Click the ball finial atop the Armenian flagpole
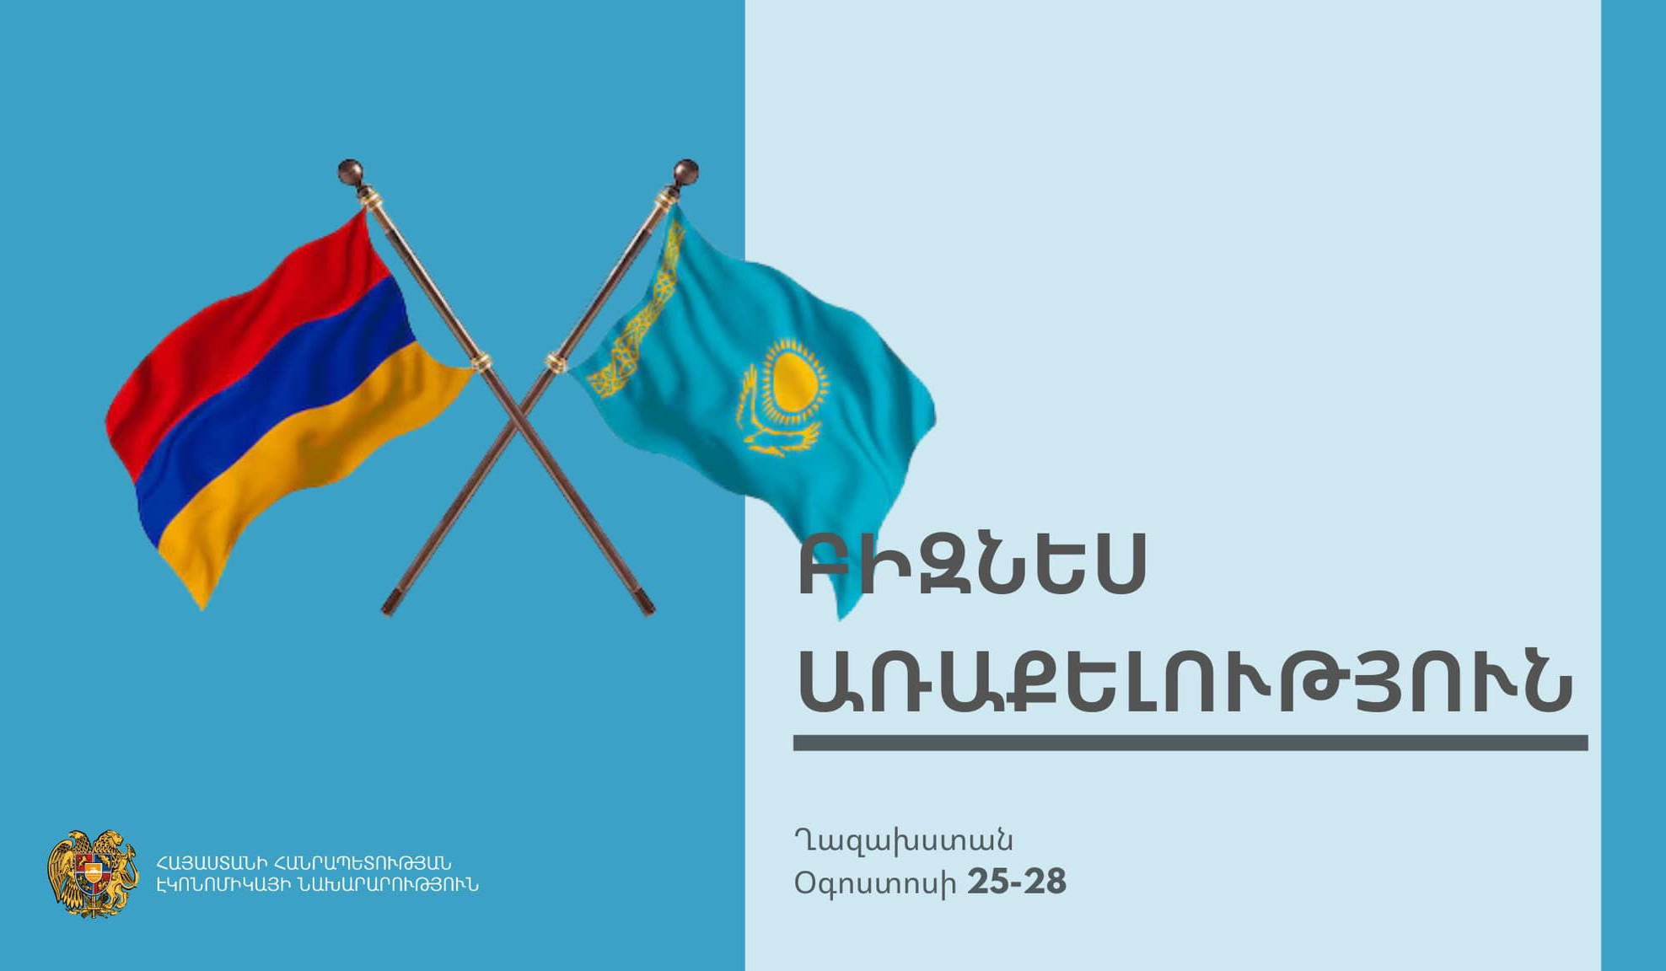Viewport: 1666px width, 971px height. [x=350, y=171]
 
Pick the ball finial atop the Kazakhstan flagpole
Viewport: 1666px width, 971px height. [x=685, y=171]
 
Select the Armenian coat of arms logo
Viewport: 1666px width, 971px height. [x=93, y=873]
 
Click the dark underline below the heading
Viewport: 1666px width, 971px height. [x=1190, y=743]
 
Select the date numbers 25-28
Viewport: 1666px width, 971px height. [x=1017, y=882]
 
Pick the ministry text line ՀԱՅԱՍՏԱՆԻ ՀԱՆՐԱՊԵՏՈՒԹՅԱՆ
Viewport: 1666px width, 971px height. [x=304, y=863]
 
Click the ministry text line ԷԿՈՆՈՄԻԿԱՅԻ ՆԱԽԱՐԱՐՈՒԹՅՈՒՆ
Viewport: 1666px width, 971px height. [x=317, y=885]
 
